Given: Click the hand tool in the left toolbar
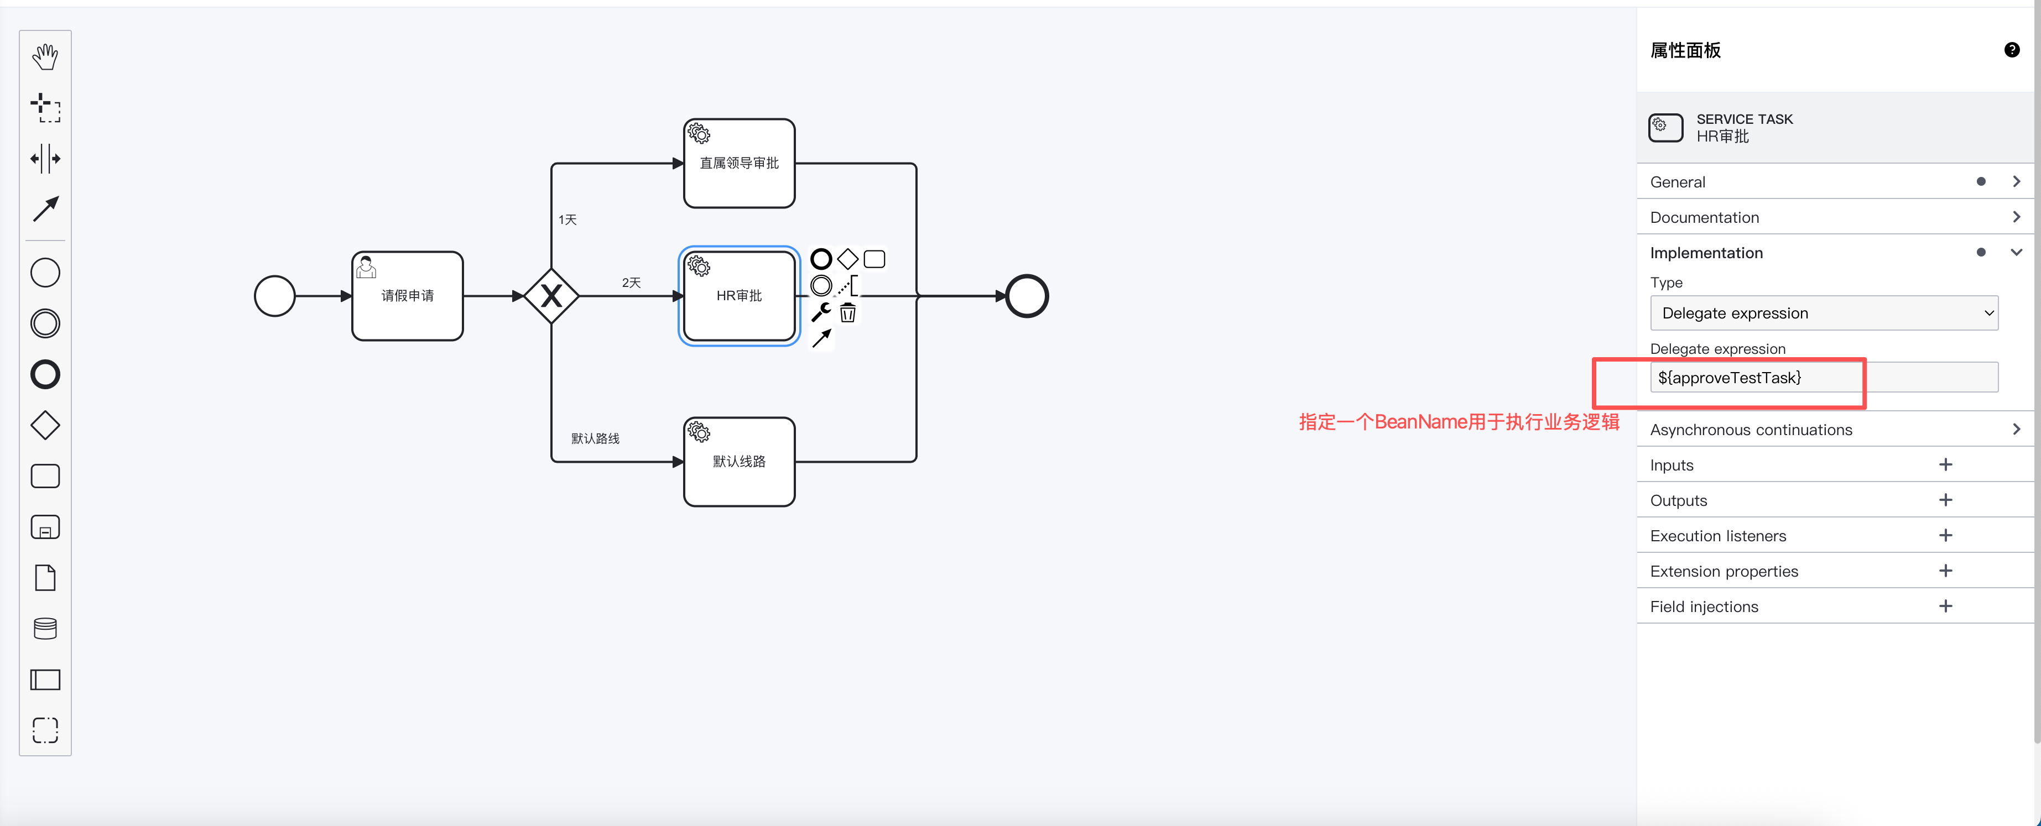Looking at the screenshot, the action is point(45,57).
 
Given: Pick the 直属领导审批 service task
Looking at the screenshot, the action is point(739,163).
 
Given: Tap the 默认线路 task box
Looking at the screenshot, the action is point(739,462).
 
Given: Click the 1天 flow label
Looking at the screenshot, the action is point(567,219).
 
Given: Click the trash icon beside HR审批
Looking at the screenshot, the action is point(848,313).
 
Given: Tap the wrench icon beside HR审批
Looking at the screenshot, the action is point(821,313).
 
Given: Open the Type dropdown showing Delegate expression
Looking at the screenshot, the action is point(1824,313).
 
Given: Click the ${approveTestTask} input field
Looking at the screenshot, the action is point(1824,378).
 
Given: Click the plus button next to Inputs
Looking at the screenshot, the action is point(1945,465).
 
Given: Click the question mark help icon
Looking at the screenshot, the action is point(2012,50).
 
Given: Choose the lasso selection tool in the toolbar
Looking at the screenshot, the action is point(45,108).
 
